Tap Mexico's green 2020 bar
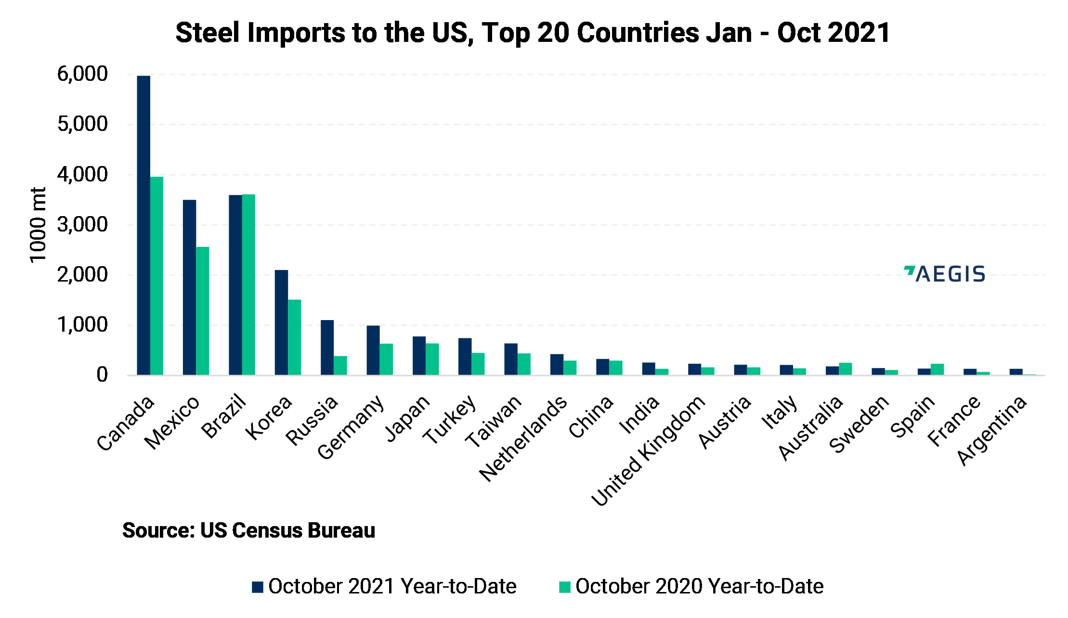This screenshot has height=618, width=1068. pos(202,311)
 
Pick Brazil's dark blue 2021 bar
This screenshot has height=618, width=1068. pos(235,285)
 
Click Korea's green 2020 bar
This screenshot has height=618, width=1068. pos(294,337)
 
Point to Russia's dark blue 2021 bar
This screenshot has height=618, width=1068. pos(327,348)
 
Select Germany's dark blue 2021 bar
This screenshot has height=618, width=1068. pos(373,350)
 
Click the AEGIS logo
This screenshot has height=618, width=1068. pos(945,274)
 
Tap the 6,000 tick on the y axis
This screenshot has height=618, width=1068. pos(82,74)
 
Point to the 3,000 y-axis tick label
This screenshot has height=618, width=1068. pos(82,225)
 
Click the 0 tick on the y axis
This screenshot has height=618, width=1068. pos(102,375)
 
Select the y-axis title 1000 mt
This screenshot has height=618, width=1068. pos(38,225)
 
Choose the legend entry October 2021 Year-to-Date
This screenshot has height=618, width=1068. pos(392,586)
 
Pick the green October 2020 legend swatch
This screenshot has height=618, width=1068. pos(564,587)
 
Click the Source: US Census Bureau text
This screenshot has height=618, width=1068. pos(248,530)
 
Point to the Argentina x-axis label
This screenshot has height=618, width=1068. pos(992,430)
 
